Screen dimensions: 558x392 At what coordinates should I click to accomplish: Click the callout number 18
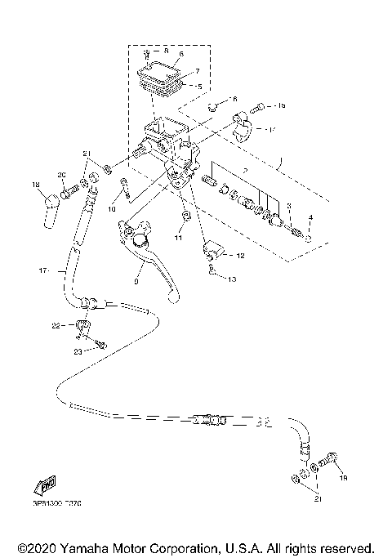tap(37, 186)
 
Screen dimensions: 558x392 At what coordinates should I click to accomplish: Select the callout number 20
tap(61, 175)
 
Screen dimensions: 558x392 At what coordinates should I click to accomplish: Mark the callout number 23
tap(78, 351)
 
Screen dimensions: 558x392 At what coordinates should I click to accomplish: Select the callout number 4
tap(310, 217)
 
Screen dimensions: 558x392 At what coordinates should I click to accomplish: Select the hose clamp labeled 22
tap(82, 328)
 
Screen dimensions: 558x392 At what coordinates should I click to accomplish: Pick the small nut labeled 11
tap(188, 215)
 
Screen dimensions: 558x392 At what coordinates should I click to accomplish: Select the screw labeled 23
tap(100, 344)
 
